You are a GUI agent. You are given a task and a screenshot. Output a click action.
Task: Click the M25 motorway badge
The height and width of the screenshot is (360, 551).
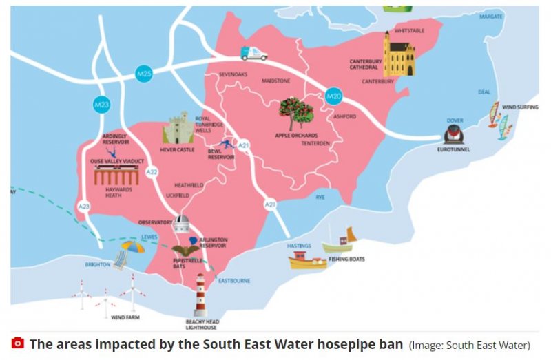click(143, 72)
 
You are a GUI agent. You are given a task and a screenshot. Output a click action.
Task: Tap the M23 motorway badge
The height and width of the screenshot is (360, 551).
click(102, 105)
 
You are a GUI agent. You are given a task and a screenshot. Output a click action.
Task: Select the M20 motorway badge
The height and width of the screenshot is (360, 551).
click(334, 96)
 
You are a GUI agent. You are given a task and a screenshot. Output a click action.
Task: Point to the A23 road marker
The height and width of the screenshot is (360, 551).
click(85, 206)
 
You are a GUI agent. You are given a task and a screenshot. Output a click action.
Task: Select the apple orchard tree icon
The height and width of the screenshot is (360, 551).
click(296, 112)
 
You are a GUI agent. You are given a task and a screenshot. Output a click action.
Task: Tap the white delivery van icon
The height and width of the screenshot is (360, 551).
click(254, 52)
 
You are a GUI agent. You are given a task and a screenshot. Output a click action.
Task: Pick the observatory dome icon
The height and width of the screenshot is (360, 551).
click(182, 222)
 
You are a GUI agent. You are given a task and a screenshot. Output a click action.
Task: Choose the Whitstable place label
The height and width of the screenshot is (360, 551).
click(410, 31)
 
